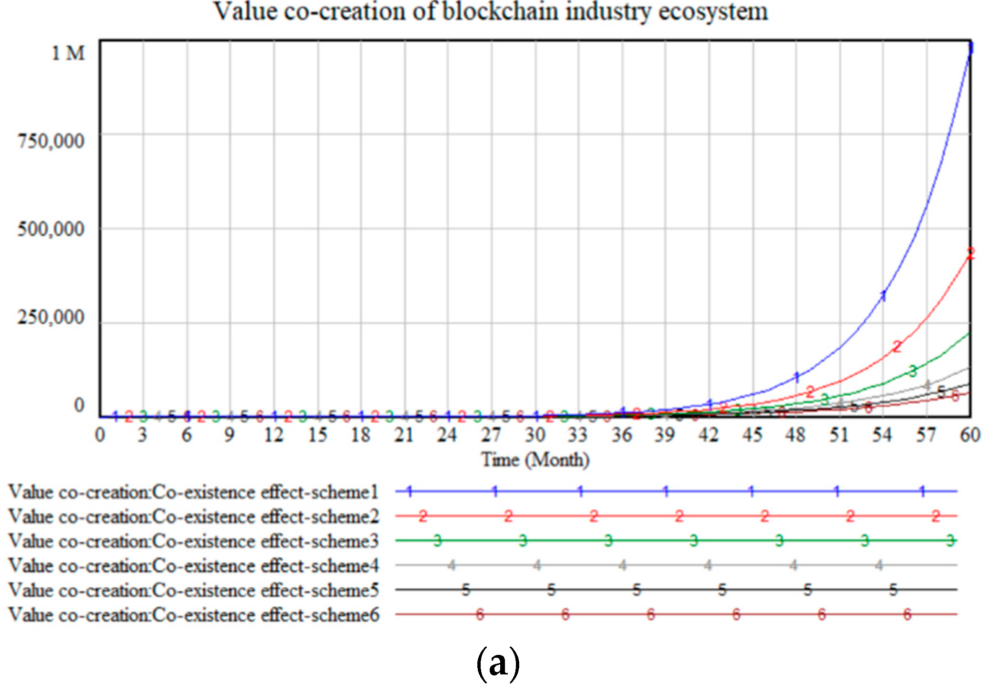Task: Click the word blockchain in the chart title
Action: pos(500,11)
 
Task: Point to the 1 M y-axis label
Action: pos(68,53)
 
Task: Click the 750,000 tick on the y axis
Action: pos(51,141)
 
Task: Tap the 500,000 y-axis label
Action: pos(51,229)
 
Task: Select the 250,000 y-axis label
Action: pos(51,317)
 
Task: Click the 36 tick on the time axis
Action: pos(622,434)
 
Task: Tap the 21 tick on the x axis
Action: pos(404,434)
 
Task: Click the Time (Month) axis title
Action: pos(535,460)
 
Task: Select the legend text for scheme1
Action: pos(193,492)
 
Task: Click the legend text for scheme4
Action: pos(193,565)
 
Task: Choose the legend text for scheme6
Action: pos(193,614)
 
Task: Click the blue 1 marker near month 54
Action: pos(884,296)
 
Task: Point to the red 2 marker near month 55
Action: pos(897,346)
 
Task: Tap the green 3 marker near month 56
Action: pos(913,371)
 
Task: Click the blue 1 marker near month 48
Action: pos(797,377)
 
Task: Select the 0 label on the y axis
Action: pos(79,405)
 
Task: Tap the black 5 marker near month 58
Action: pos(941,392)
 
